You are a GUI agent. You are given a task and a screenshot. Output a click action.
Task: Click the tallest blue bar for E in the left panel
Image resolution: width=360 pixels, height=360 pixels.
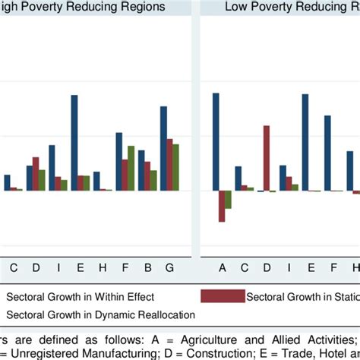(74, 143)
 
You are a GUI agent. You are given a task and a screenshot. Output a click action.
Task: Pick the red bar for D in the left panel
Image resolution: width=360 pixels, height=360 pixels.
(36, 174)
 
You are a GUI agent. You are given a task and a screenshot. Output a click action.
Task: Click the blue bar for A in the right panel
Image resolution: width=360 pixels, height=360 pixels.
(216, 141)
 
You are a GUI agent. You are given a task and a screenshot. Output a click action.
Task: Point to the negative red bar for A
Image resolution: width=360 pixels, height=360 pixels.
(222, 206)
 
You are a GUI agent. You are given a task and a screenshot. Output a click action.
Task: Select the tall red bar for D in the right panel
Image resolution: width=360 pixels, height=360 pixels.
(267, 158)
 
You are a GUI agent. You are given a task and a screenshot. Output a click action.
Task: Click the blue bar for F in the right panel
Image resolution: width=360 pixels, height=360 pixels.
(327, 153)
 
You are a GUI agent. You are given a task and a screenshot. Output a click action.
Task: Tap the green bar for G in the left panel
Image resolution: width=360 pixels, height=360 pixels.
(175, 167)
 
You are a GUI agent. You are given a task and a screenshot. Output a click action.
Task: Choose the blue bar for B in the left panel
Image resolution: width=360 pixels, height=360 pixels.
(141, 170)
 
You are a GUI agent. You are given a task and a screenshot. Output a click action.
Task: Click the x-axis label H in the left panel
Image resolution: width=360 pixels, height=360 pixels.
(103, 267)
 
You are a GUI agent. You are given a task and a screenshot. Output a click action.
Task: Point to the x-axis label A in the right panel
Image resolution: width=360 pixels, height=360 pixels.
(223, 267)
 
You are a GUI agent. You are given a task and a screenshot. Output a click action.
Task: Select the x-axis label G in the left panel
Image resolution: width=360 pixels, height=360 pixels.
(169, 267)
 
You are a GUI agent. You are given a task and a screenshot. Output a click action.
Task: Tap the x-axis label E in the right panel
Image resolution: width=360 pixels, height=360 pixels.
(311, 267)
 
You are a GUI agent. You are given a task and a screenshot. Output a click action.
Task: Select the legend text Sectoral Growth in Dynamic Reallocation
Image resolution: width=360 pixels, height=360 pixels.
(100, 314)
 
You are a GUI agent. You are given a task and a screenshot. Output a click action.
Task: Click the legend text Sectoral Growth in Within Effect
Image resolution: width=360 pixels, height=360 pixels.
(80, 296)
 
